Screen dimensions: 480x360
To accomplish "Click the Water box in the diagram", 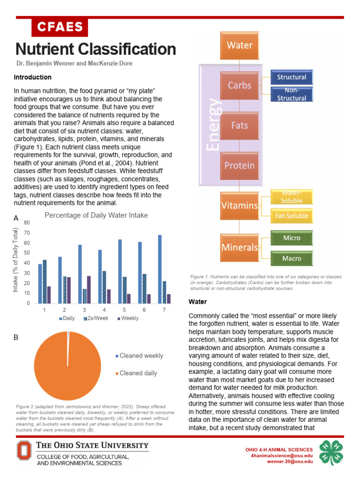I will point(240,45).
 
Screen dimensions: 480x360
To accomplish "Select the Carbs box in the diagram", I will point(240,85).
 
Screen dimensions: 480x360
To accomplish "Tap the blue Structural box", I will point(291,77).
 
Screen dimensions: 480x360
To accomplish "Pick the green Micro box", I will point(291,238).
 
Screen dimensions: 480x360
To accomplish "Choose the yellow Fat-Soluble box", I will point(291,216).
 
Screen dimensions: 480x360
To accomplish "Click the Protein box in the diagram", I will point(240,165).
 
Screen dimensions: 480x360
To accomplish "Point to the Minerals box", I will point(240,247).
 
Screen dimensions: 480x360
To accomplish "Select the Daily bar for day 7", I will point(160,269).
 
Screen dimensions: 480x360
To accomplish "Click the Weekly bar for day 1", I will point(49,294).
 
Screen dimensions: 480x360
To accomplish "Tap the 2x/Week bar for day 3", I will point(85,296).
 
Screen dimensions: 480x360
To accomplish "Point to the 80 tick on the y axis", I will point(27,222).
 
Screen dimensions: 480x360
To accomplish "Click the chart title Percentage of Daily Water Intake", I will point(96,215).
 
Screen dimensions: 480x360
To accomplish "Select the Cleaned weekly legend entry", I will point(141,356).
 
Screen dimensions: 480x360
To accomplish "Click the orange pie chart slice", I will point(67,366).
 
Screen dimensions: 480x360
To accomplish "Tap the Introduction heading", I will point(33,77).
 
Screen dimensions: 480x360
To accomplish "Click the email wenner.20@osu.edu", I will point(290,462).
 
